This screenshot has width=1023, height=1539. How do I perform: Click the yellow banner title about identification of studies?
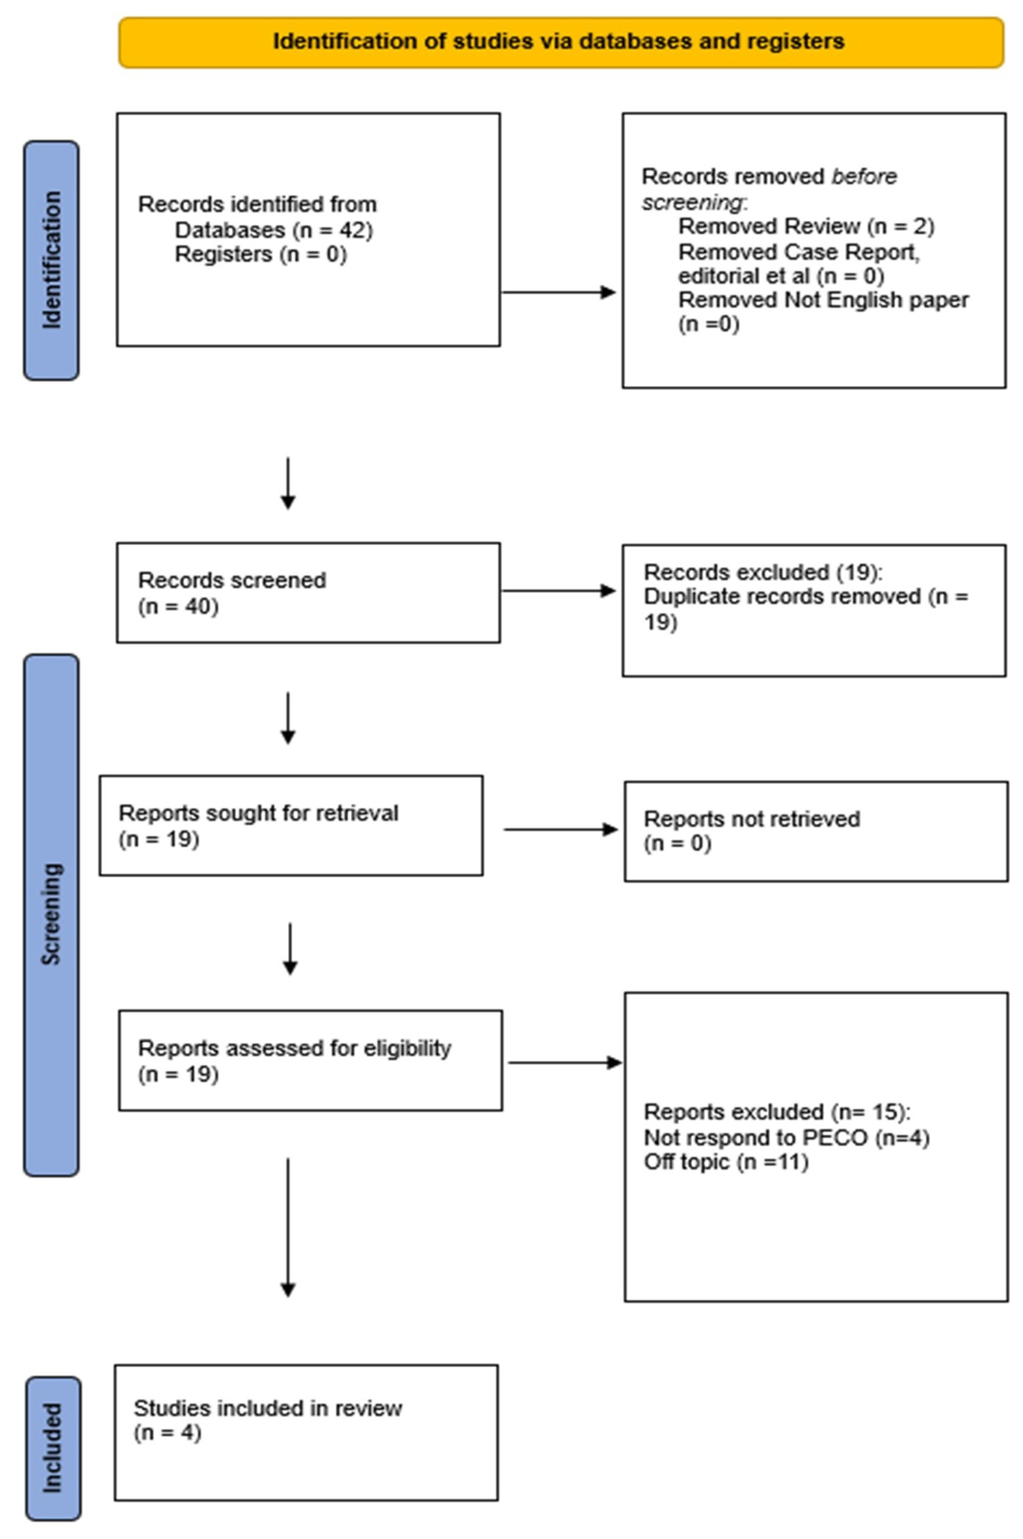[x=558, y=42]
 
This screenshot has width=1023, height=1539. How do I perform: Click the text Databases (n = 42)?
[x=273, y=230]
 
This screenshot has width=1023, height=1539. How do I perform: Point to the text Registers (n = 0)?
[x=260, y=254]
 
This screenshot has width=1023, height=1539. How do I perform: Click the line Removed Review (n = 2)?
[x=806, y=226]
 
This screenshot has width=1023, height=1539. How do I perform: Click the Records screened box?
[x=308, y=593]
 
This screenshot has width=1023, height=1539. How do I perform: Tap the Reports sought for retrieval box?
[x=291, y=826]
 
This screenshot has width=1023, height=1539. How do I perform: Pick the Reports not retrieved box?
[x=815, y=831]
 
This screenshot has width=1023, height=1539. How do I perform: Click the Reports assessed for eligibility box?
[x=310, y=1060]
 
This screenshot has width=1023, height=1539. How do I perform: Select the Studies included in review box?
[x=306, y=1433]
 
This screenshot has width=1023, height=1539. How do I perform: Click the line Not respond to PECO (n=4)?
[x=786, y=1138]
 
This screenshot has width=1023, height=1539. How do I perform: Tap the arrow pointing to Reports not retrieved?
[x=560, y=830]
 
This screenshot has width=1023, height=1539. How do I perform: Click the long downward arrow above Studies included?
[x=288, y=1227]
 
